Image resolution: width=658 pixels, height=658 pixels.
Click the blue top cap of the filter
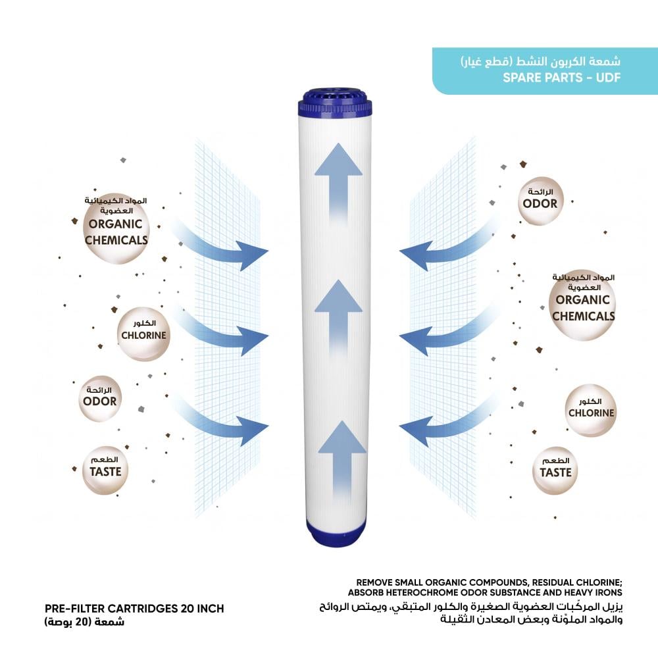click(338, 105)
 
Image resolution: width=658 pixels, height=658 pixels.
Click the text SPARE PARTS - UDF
click(561, 78)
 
